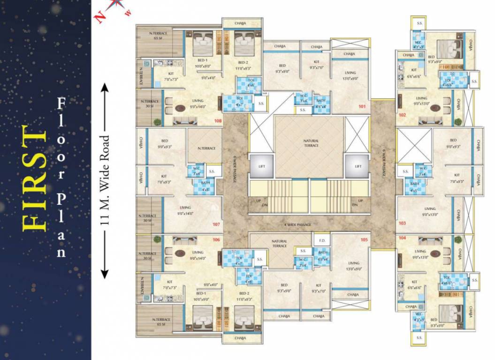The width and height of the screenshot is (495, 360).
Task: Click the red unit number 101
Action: pos(362,106)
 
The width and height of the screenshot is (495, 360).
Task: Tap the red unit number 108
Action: pos(218,121)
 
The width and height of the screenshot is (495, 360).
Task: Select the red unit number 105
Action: pos(364,240)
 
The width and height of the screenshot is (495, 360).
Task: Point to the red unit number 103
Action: pos(402,224)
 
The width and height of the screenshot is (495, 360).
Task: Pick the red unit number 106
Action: pos(216,240)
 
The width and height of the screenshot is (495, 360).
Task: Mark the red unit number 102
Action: pos(402,114)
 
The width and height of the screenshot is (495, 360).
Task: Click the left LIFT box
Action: pos(262,166)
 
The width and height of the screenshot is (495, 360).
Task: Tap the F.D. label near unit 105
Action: pos(322,241)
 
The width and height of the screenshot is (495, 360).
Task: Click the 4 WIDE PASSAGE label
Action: pos(298,225)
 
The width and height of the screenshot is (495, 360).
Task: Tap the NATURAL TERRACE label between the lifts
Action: pos(311,143)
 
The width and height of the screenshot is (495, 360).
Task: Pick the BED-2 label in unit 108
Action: pos(243,63)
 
